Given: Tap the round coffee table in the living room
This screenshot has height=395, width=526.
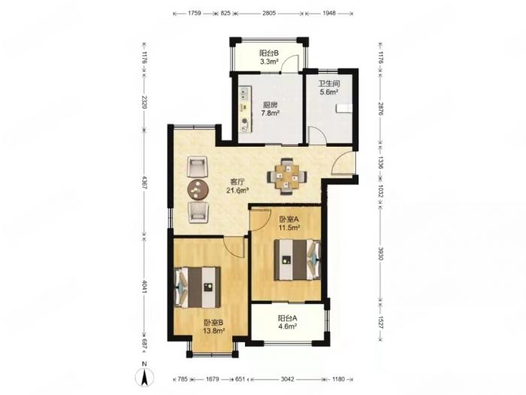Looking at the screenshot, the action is (198, 190).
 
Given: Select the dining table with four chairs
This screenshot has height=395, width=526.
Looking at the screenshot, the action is (287, 176).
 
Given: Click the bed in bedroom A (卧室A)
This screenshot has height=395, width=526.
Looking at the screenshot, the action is (298, 260).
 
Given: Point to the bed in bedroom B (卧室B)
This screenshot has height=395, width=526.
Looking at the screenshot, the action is (198, 287).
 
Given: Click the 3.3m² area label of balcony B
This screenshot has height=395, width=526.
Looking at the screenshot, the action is (269, 62).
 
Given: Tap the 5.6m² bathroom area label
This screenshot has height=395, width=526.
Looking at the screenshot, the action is (328, 92).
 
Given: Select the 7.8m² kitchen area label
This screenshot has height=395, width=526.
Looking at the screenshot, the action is (271, 113).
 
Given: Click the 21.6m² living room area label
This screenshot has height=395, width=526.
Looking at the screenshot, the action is (237, 190).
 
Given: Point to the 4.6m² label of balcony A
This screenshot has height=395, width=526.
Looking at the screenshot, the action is (287, 326).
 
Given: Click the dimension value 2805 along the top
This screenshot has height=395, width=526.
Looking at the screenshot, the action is (269, 13).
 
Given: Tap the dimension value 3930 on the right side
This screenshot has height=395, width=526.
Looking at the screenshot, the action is (380, 254).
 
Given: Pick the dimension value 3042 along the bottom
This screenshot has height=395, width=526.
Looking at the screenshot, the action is (287, 379).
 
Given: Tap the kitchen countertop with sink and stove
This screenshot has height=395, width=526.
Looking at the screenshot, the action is (244, 110).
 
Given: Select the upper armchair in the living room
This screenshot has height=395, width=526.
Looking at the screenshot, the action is (197, 167).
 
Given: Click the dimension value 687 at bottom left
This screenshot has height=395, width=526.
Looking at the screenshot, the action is (144, 343).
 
